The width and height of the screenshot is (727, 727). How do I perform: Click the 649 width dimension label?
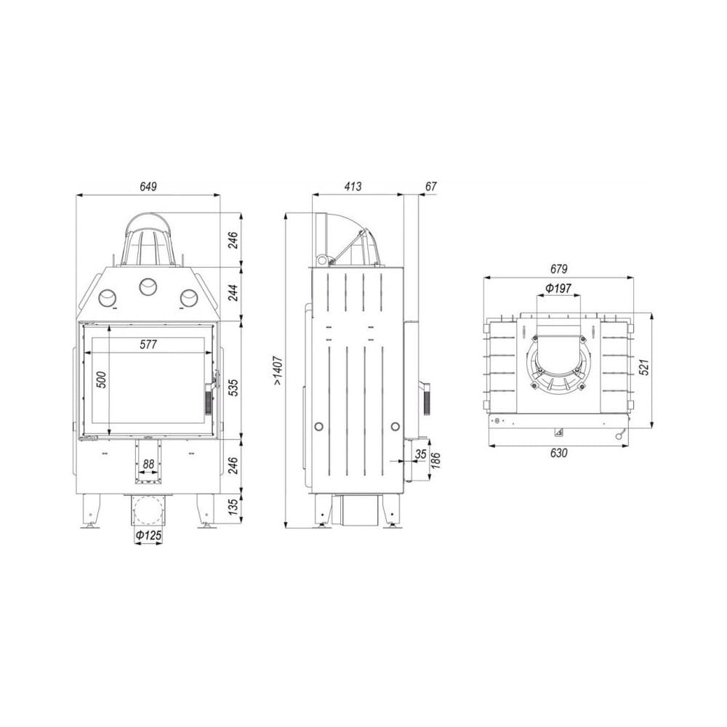pyautogui.click(x=148, y=186)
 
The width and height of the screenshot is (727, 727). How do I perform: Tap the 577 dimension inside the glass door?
pyautogui.click(x=148, y=345)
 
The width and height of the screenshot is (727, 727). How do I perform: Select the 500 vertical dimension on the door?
pyautogui.click(x=102, y=379)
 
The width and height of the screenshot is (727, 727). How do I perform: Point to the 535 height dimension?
pyautogui.click(x=233, y=387)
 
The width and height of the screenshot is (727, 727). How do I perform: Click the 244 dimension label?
pyautogui.click(x=233, y=292)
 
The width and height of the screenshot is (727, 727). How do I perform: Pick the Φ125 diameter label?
pyautogui.click(x=148, y=536)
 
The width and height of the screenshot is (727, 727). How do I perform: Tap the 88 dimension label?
pyautogui.click(x=148, y=464)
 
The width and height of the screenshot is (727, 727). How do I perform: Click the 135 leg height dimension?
pyautogui.click(x=233, y=507)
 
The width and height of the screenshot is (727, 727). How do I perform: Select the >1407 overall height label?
pyautogui.click(x=278, y=371)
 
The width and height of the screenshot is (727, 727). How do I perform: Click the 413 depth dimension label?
pyautogui.click(x=353, y=186)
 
